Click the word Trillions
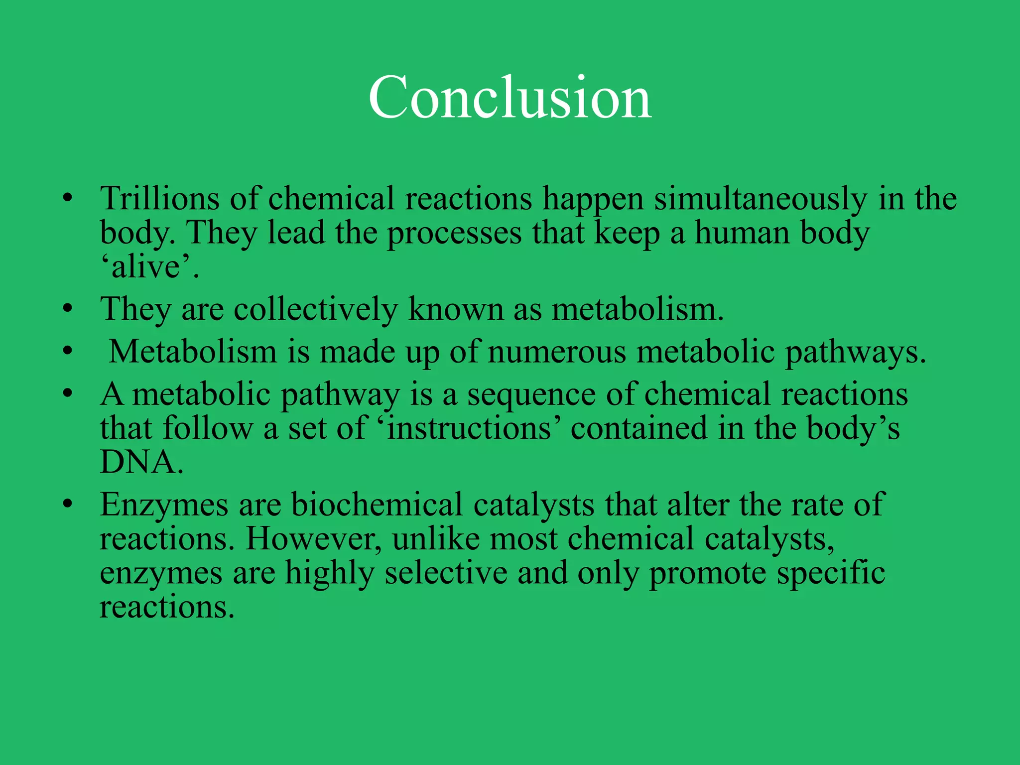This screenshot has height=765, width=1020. click(159, 198)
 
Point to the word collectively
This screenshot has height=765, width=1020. click(315, 309)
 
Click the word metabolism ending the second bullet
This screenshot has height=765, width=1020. click(637, 309)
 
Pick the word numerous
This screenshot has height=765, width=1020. click(556, 352)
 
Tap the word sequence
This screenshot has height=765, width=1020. click(531, 394)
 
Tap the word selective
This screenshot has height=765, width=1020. click(446, 573)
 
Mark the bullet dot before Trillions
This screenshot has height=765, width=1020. click(68, 198)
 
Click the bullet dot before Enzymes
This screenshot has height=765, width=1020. click(68, 504)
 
